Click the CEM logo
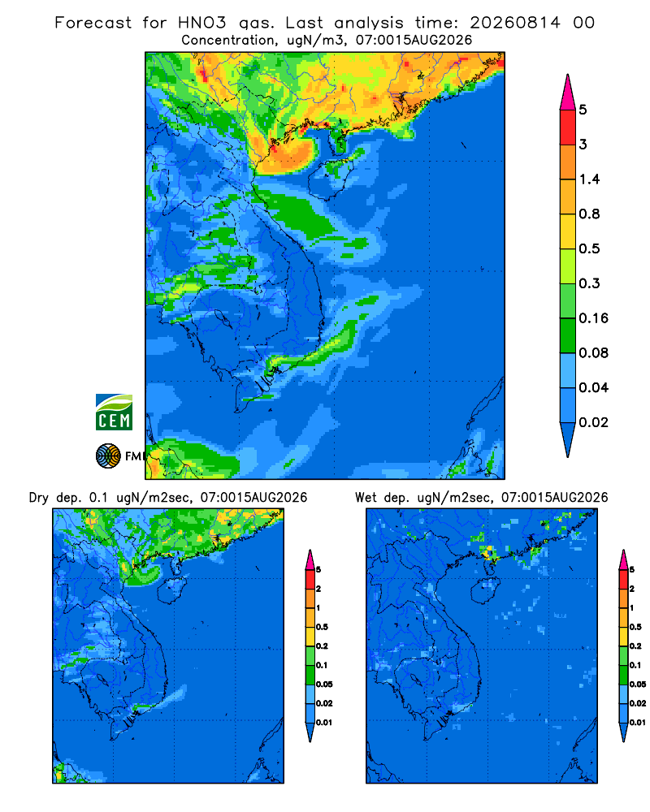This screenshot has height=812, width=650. point(114,412)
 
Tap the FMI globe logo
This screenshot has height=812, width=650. point(108,456)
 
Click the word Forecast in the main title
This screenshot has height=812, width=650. point(93,23)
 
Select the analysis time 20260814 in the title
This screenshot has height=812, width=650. point(515,23)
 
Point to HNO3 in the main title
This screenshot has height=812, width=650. point(202,23)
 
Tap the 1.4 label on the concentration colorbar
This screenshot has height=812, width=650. point(589,179)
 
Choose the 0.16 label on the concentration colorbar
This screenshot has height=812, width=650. point(593,318)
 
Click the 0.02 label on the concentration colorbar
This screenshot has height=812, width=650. point(593,422)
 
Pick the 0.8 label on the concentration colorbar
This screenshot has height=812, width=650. point(589,214)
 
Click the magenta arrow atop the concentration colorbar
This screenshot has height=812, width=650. point(568,93)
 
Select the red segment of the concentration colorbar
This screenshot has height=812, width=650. point(568,127)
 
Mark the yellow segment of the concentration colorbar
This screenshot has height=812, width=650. point(568,231)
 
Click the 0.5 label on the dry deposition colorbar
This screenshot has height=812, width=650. point(322,627)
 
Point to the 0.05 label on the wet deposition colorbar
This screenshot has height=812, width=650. point(638,684)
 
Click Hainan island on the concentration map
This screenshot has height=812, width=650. point(331,179)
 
